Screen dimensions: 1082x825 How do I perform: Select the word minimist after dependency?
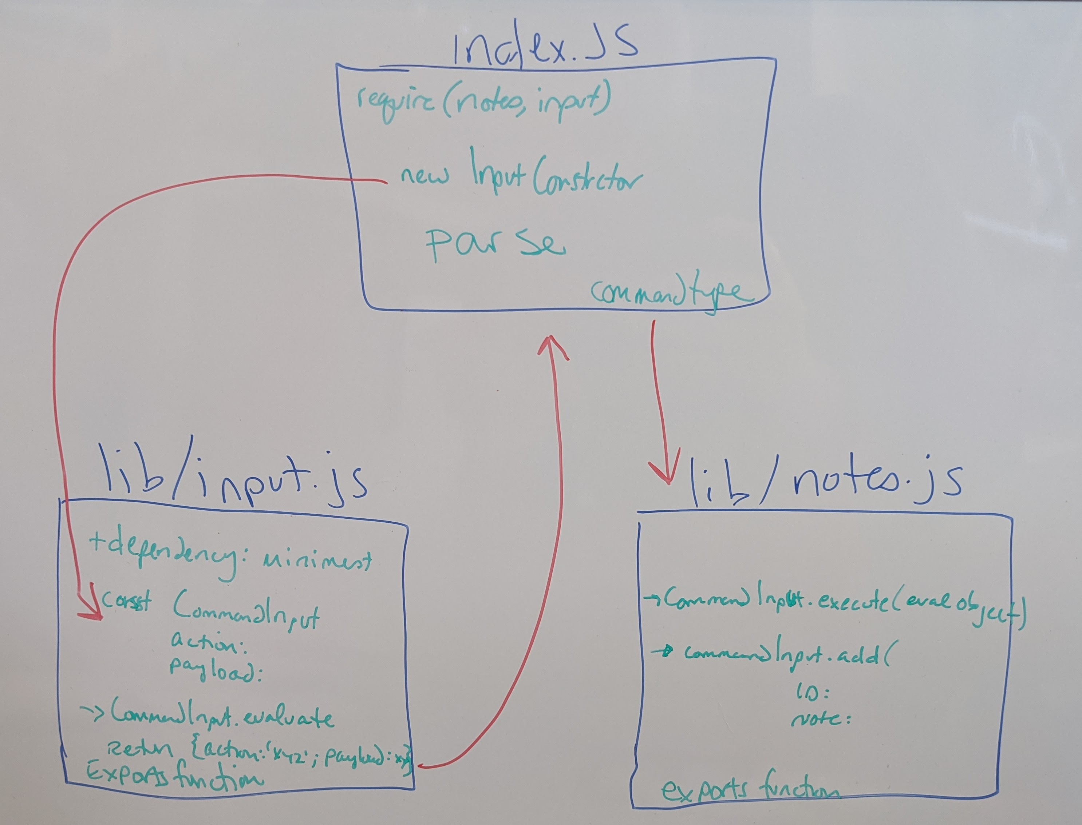(x=319, y=560)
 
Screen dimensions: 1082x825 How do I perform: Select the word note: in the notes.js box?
(x=820, y=720)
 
